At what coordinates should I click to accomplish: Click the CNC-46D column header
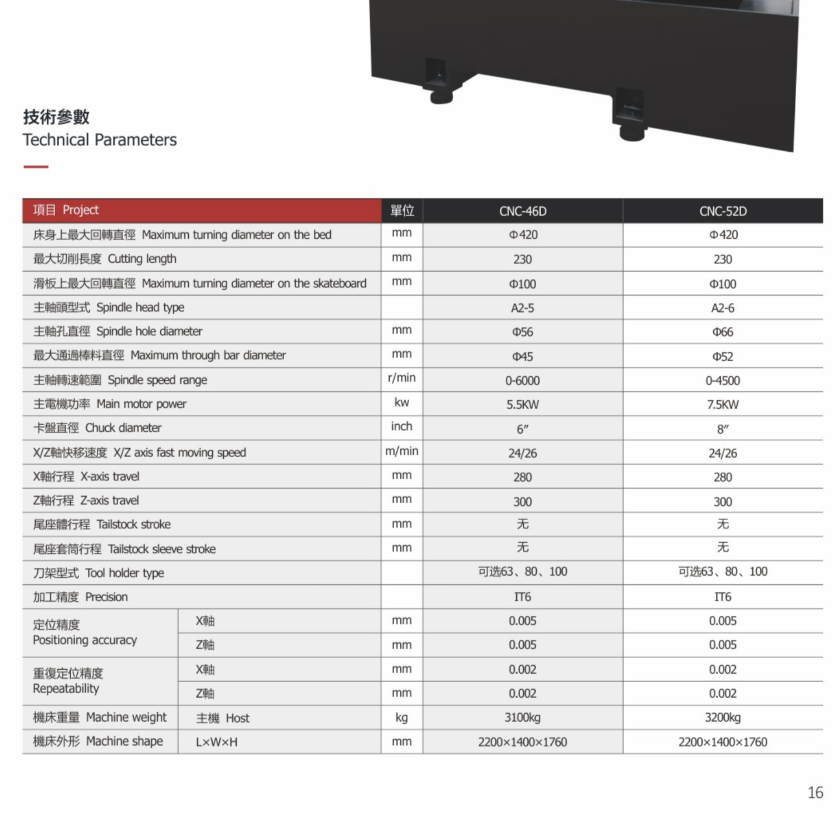point(522,212)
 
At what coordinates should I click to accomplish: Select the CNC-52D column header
point(723,212)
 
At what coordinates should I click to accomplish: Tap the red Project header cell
point(202,210)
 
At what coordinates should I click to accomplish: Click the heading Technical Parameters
point(100,140)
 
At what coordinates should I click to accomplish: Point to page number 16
point(815,792)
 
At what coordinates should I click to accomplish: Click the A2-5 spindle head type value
point(522,308)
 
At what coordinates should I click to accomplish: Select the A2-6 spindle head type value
point(723,308)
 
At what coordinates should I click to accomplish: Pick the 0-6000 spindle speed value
point(522,381)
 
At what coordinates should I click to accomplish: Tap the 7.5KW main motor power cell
point(723,405)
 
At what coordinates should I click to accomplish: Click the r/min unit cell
point(401,378)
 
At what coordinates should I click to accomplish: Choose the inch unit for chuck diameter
point(401,426)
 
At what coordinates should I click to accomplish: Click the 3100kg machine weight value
point(522,718)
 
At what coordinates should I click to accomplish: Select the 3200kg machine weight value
point(723,718)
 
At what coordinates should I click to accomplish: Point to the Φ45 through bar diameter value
point(522,356)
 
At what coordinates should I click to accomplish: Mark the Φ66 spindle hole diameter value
point(723,332)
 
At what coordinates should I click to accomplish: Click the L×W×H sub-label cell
point(217,742)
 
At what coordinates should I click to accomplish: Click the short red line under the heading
point(36,166)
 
